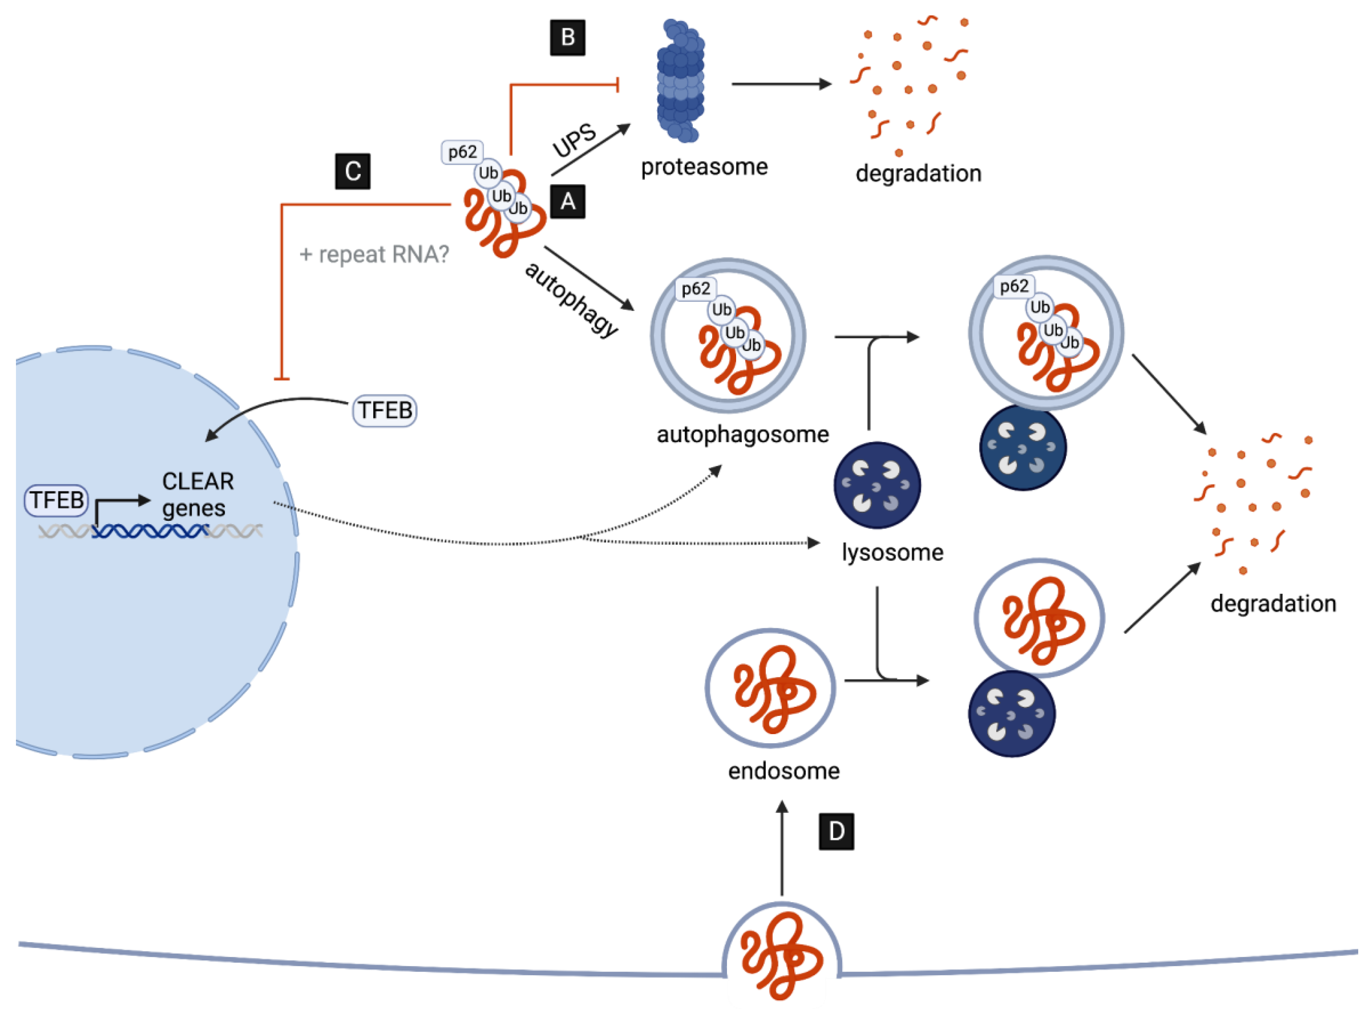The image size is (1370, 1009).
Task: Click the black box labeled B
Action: coord(567,37)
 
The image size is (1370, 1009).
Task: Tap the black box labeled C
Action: coord(352,171)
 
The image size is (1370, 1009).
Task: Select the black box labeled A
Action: coord(567,201)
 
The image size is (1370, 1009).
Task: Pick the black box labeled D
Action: coord(836,831)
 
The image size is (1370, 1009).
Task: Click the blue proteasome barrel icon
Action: coord(680,81)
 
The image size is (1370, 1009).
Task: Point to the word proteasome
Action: coord(704,167)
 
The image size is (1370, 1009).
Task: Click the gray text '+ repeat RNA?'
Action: coord(374,254)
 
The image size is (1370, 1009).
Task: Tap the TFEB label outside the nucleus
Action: coord(385,411)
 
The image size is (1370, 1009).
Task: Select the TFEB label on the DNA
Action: coord(56,500)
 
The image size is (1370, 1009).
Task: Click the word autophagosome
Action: coord(743,434)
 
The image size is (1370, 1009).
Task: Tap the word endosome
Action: coord(783,771)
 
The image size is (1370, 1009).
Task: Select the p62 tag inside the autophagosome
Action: coord(695,288)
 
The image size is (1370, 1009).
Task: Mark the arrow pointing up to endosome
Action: coord(781,849)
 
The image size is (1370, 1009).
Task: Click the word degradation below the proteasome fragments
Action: coord(918,173)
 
